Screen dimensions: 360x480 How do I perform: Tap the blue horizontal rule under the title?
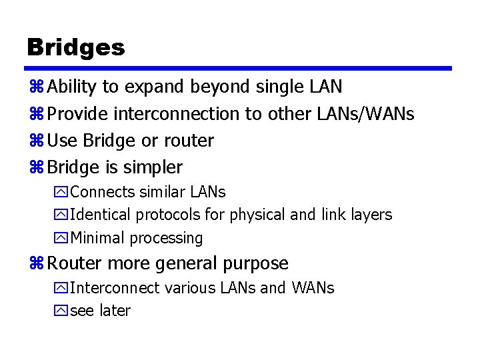[x=238, y=68]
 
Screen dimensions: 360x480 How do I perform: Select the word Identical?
[x=101, y=215]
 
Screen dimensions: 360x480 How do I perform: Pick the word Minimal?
[x=97, y=238]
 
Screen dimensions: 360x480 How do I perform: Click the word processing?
[x=167, y=239]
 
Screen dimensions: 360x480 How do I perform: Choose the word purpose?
[x=257, y=264]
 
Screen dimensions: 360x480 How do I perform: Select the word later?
[x=115, y=311]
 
